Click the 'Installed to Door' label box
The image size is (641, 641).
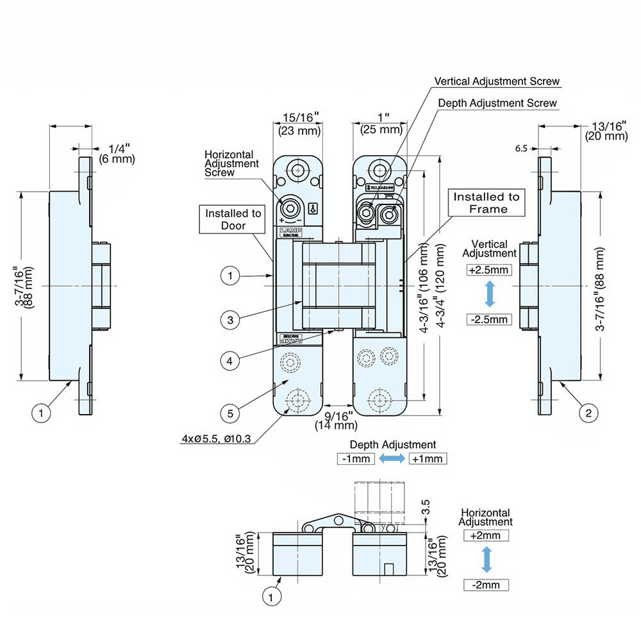233,219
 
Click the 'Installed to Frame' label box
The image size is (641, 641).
487,203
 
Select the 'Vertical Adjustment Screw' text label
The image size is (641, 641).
497,81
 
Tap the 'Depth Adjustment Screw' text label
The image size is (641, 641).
497,103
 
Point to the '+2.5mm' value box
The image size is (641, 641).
489,270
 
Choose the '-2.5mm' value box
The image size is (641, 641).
489,319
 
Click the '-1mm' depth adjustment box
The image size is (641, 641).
356,458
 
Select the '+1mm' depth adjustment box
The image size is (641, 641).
427,458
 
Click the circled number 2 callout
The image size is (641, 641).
588,413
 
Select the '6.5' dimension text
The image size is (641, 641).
521,148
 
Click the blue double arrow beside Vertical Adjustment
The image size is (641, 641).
489,294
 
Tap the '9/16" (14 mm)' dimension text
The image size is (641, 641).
336,420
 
